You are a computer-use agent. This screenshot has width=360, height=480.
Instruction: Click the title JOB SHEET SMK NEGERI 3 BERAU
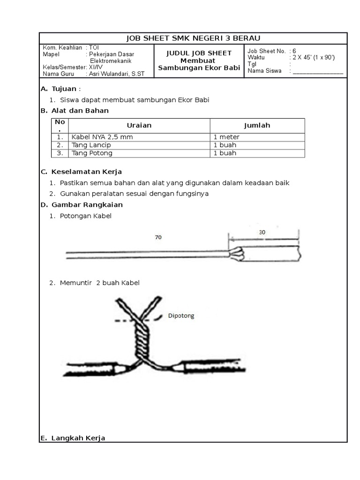point(193,38)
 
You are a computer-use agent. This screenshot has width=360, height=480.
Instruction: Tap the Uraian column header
point(139,126)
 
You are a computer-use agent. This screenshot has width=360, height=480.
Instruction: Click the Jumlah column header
point(257,126)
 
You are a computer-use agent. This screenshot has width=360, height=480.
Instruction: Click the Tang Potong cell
point(92,153)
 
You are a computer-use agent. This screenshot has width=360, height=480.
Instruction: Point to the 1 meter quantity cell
point(226,137)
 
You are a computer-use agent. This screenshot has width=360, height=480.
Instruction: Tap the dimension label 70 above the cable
point(158,238)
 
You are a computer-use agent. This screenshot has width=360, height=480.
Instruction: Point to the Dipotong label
point(181,316)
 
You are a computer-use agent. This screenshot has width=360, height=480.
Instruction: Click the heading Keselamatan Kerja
point(87,172)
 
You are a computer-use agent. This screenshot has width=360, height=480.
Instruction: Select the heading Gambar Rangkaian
point(87,205)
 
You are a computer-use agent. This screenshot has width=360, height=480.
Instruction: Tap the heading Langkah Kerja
point(78,438)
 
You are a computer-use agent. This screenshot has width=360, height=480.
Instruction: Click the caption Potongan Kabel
point(86,216)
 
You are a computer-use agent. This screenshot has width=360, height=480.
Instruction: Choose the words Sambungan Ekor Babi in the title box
point(199,68)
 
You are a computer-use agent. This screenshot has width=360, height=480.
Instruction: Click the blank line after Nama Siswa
point(318,72)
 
